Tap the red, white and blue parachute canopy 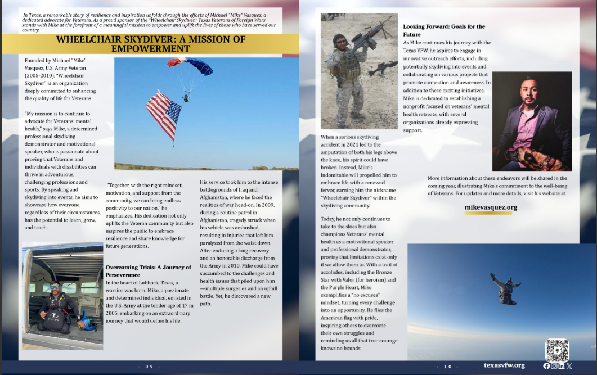tap(190, 65)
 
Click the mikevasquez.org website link tap(491, 207)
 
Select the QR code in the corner tap(556, 350)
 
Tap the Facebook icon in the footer tap(546, 366)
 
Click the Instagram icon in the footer tap(554, 366)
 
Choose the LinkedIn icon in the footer tap(562, 366)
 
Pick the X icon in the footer tap(569, 366)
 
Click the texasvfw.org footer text tap(504, 365)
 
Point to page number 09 tap(149, 367)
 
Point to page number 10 tap(448, 367)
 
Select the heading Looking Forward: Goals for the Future tap(444, 30)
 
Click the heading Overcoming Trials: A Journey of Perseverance tap(149, 271)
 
